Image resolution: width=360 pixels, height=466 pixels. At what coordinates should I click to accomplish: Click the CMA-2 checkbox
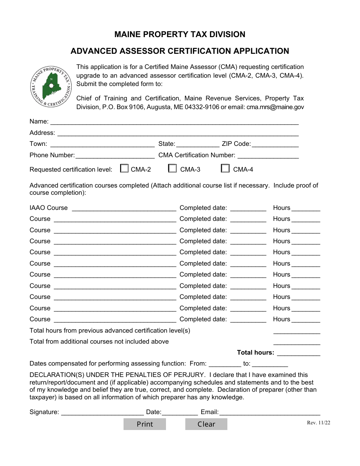point(124,169)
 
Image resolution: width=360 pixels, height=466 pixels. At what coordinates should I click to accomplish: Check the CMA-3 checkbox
point(172,169)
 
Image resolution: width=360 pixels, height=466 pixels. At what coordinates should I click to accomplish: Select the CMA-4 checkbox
point(225,169)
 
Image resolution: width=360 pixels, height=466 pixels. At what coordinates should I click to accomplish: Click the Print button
point(145,424)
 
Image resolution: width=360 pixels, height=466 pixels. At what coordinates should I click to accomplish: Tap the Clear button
point(206,424)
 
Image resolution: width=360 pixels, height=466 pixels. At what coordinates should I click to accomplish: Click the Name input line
point(174,122)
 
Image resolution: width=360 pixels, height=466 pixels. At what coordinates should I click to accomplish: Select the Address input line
point(178,133)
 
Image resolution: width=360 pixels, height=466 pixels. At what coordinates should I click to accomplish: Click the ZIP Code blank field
point(275,144)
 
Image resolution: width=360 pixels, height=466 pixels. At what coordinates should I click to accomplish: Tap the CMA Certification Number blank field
point(268,155)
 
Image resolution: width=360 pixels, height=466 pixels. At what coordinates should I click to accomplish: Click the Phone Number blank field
point(115,155)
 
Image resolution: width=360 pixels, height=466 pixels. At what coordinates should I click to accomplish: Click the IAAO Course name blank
point(124,208)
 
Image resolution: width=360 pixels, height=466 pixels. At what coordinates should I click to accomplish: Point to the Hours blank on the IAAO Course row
point(306,208)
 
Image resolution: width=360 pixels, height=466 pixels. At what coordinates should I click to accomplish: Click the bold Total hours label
point(255,352)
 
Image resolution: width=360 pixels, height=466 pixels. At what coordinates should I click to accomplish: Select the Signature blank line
point(102,412)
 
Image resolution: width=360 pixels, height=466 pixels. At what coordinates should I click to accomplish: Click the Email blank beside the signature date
point(270,412)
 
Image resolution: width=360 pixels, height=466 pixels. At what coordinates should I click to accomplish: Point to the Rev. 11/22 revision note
point(318,423)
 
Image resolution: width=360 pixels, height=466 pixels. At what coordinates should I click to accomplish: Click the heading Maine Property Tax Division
point(180,34)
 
